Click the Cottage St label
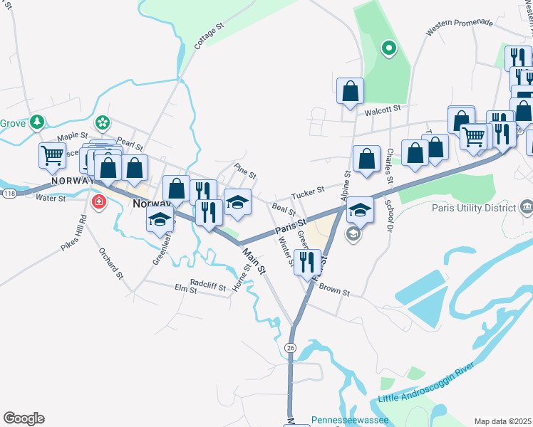(209, 35)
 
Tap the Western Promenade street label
(459, 28)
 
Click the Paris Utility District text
(473, 209)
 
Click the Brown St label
(335, 292)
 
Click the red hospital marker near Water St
(98, 203)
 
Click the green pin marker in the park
(388, 48)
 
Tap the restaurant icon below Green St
(307, 260)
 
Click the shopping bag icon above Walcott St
(350, 90)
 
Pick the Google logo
(24, 418)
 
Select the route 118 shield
(9, 193)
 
